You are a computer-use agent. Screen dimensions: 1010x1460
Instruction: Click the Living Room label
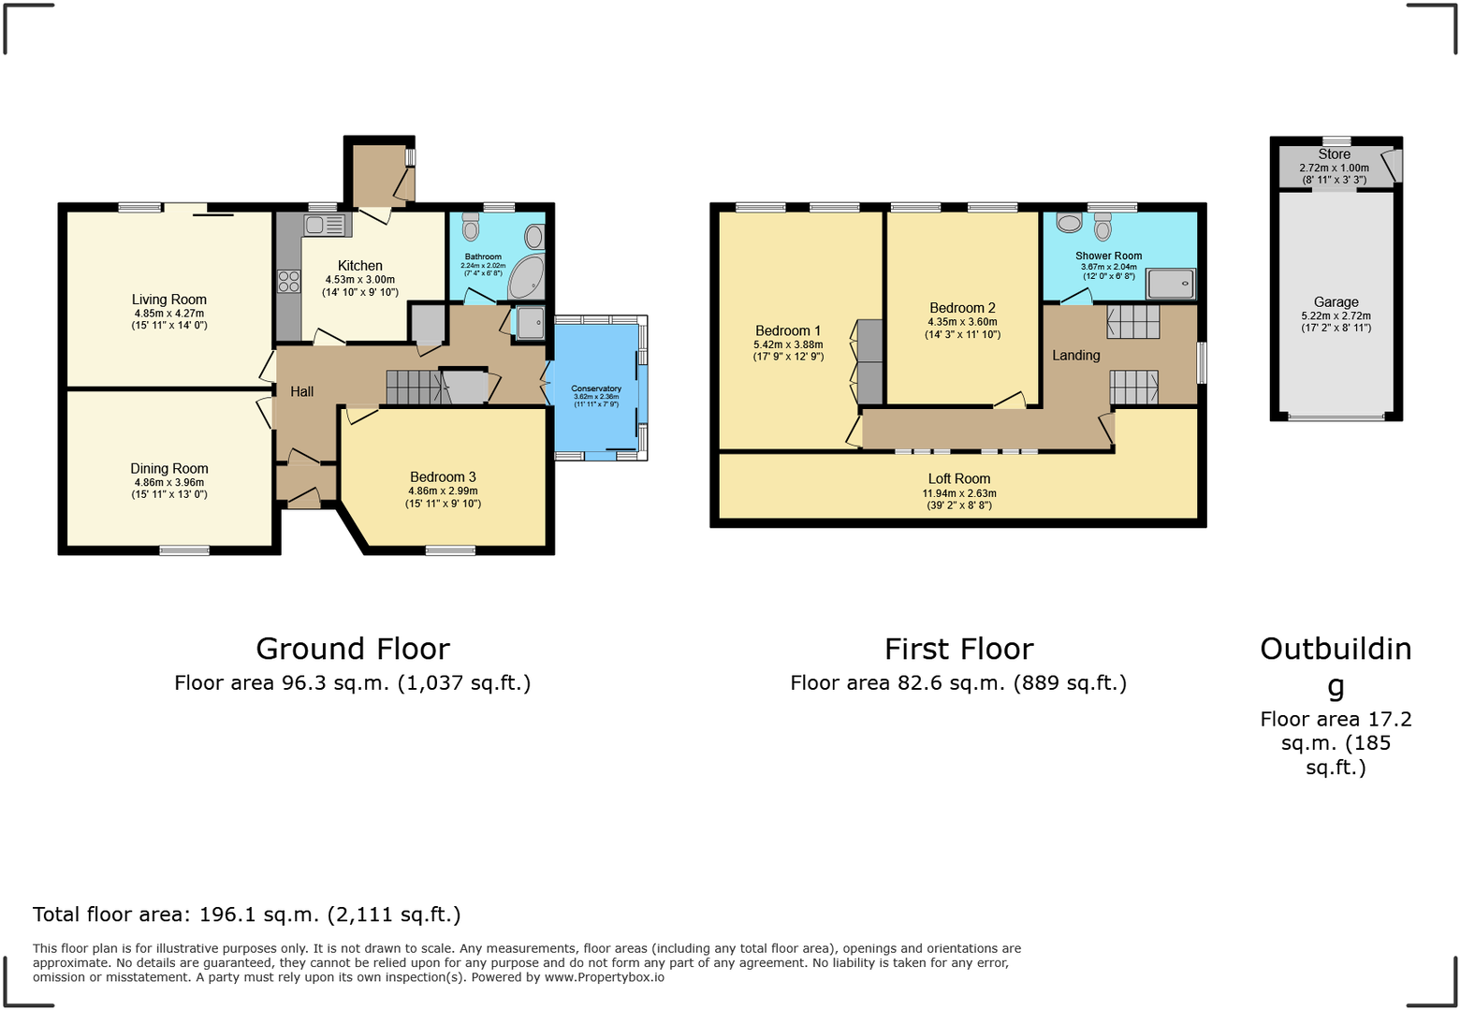tap(168, 300)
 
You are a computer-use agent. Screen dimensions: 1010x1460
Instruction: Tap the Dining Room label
tap(168, 468)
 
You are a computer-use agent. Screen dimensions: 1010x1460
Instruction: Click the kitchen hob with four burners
tap(288, 281)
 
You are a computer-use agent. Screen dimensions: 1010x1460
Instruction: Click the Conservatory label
tap(596, 388)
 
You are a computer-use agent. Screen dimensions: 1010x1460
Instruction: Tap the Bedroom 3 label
tap(443, 477)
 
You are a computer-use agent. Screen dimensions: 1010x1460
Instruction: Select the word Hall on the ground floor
tap(301, 391)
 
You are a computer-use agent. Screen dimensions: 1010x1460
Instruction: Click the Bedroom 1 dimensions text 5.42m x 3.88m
tap(788, 344)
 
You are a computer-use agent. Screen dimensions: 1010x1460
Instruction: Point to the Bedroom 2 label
tap(962, 308)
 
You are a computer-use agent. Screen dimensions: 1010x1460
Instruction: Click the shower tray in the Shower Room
tap(1171, 283)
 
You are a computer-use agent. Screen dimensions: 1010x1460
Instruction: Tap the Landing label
tap(1075, 356)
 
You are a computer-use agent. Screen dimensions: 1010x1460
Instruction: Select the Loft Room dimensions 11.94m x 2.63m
tap(959, 493)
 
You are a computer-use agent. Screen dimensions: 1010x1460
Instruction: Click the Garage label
tap(1336, 302)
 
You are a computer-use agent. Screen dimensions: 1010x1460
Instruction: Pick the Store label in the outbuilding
tap(1334, 154)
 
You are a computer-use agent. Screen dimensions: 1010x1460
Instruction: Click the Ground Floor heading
tap(353, 649)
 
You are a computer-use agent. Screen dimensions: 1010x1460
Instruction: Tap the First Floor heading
tap(958, 649)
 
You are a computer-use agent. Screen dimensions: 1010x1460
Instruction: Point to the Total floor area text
tap(247, 915)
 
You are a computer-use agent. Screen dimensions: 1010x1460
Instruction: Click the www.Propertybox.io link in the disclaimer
tap(604, 977)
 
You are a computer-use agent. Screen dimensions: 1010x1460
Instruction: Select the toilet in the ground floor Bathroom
tap(471, 227)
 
